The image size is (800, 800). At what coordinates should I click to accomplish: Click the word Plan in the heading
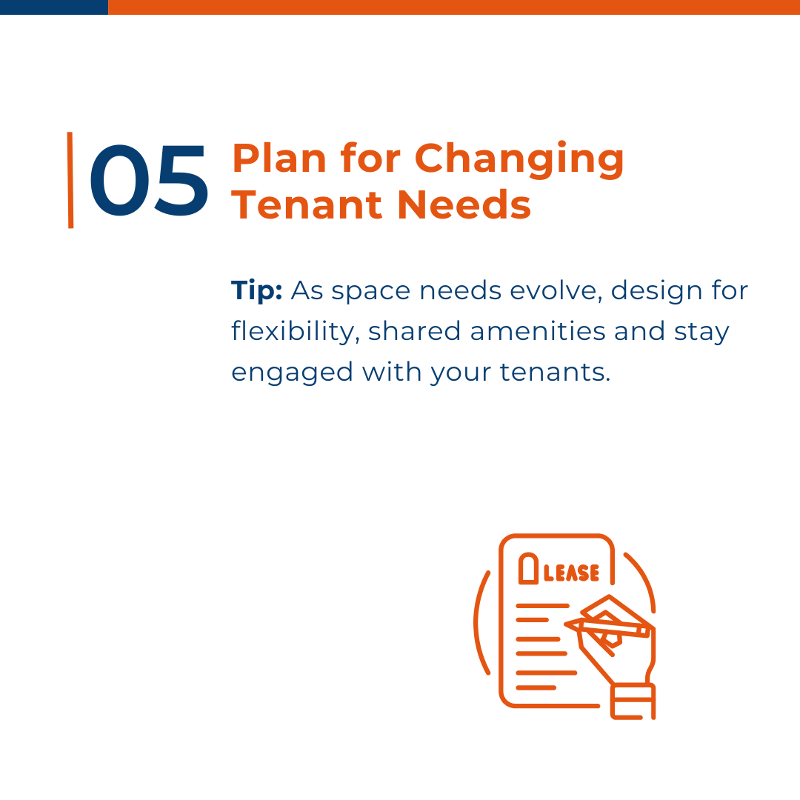click(279, 159)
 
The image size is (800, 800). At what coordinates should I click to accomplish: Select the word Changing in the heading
click(519, 160)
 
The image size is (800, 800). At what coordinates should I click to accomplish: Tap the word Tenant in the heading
click(307, 205)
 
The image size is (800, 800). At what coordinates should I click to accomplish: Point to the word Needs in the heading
click(464, 205)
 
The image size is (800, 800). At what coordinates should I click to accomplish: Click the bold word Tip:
click(256, 291)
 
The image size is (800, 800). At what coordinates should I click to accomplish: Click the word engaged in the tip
click(292, 373)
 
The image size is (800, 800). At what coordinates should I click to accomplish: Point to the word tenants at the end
click(555, 372)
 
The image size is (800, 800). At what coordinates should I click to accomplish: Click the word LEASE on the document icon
click(571, 573)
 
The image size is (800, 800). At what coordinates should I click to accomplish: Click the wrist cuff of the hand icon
click(633, 701)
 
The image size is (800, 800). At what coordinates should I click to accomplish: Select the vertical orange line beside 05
click(70, 180)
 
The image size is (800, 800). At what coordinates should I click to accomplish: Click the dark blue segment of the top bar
click(54, 7)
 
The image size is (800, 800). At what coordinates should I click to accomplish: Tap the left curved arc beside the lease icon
click(479, 622)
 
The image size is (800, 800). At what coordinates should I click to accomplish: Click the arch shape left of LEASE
click(529, 568)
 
